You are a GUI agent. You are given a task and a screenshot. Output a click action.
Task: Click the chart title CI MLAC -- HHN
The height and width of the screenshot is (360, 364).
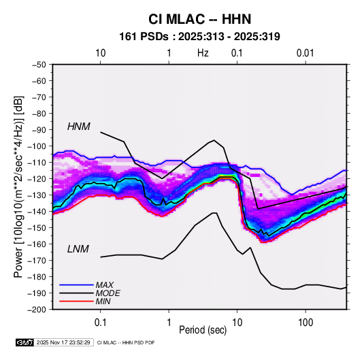pyautogui.click(x=199, y=19)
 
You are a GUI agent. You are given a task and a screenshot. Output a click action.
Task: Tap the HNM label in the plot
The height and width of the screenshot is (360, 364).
pyautogui.click(x=79, y=127)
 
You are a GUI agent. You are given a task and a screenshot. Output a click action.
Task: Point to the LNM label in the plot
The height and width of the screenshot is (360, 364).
pyautogui.click(x=78, y=249)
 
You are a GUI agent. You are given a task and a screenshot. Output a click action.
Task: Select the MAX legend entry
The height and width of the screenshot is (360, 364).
pyautogui.click(x=105, y=285)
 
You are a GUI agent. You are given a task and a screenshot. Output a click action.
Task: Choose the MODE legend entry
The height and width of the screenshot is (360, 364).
pyautogui.click(x=107, y=293)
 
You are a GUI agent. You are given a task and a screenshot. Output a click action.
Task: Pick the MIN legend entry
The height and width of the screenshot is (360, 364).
pyautogui.click(x=103, y=301)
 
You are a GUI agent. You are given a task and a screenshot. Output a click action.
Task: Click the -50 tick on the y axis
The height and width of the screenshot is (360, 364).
pyautogui.click(x=39, y=65)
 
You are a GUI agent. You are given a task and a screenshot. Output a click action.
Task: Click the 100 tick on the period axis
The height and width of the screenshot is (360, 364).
pyautogui.click(x=305, y=323)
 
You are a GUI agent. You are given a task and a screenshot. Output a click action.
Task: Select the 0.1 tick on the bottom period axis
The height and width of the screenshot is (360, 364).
pyautogui.click(x=100, y=323)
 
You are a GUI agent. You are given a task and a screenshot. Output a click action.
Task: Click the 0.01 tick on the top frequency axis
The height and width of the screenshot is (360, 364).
pyautogui.click(x=305, y=53)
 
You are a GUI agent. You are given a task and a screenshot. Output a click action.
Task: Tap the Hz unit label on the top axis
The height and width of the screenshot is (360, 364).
pyautogui.click(x=203, y=53)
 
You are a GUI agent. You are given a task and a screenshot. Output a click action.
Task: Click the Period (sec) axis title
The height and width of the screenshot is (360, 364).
pyautogui.click(x=203, y=330)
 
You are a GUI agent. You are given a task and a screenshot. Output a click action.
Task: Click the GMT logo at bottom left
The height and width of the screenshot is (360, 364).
pyautogui.click(x=25, y=342)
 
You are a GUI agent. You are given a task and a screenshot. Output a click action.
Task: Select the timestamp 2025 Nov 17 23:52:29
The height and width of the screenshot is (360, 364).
pyautogui.click(x=63, y=342)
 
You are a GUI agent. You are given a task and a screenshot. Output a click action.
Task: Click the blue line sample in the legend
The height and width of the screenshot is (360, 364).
pyautogui.click(x=76, y=285)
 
